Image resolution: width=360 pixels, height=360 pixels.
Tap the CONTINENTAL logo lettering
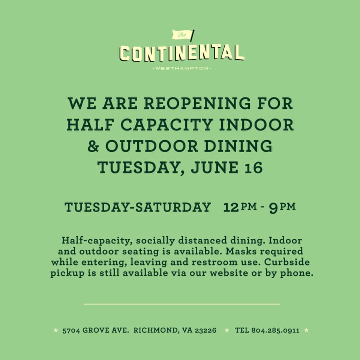tap(181, 53)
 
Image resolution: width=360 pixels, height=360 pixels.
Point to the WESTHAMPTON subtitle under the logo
tap(182, 68)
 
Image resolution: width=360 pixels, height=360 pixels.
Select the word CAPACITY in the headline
tap(166, 124)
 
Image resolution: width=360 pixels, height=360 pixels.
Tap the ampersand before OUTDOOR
tap(93, 146)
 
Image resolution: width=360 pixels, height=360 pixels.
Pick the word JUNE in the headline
tap(214, 167)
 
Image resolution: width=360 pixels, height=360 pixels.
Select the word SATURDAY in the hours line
tap(173, 207)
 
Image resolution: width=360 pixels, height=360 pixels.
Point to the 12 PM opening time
tap(240, 207)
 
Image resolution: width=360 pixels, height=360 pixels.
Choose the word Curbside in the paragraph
tap(287, 262)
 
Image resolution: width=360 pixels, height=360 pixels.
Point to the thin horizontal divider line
tap(182, 304)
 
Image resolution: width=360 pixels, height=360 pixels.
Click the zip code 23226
tap(205, 330)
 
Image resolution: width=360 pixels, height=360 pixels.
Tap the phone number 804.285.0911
tap(275, 330)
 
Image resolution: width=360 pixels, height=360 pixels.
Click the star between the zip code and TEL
tap(227, 330)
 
